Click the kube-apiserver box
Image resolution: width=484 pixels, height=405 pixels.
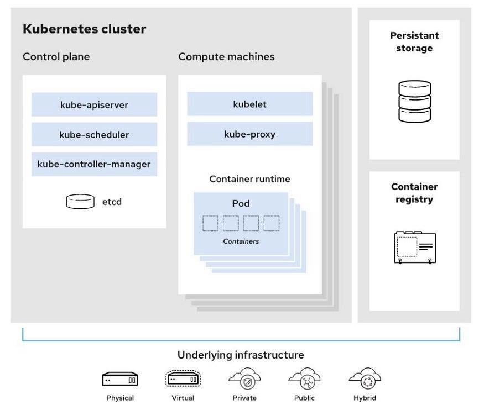coord(94,104)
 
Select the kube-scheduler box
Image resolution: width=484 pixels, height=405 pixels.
coord(94,134)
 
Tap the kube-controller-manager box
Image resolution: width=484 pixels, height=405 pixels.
coord(94,164)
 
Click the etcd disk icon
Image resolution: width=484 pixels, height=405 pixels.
coord(80,202)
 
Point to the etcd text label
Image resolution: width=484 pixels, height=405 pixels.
coord(112,202)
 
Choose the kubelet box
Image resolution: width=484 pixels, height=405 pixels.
coord(249,104)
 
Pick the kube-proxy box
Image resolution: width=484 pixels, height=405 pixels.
coord(249,134)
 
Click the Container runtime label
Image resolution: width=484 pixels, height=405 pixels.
coord(249,179)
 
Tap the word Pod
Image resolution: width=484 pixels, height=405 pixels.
coord(241,203)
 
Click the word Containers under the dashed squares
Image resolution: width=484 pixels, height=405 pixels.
coord(241,241)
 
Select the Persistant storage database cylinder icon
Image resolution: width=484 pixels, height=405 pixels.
coord(414,102)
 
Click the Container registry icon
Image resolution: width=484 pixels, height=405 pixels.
coord(415,248)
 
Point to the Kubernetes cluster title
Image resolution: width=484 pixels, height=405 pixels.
coord(84,29)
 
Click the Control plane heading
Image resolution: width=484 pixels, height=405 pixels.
coord(56,57)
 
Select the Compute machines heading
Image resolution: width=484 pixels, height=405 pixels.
coord(226,57)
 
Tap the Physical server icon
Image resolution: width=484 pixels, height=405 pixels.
coord(120,379)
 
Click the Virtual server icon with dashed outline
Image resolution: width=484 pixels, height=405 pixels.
coord(183,378)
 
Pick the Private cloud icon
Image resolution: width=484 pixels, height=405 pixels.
coord(244,379)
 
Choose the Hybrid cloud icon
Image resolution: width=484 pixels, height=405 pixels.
coord(365,379)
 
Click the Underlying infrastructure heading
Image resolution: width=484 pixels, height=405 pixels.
coord(241,355)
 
